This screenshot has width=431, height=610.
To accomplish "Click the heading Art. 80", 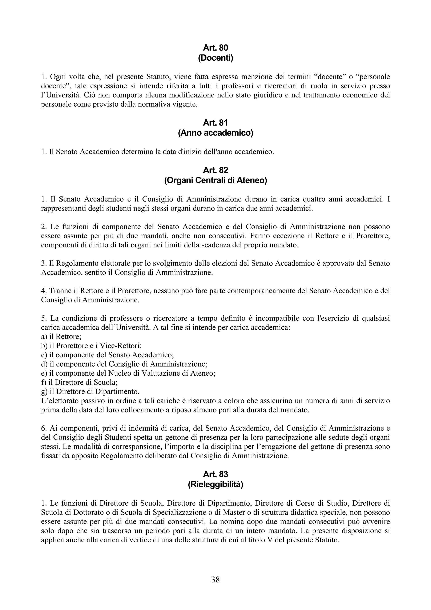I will [215, 48].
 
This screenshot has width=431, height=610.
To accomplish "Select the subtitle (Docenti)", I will [215, 58].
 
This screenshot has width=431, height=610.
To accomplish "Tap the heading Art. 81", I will [215, 123].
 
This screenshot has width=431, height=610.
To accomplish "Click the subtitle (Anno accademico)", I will [215, 133].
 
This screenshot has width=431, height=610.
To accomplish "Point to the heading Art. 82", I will [215, 170].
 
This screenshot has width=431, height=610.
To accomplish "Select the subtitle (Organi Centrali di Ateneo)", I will [215, 180].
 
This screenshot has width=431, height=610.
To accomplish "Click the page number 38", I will [215, 580].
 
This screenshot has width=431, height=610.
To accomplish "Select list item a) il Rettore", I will [61, 337].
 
